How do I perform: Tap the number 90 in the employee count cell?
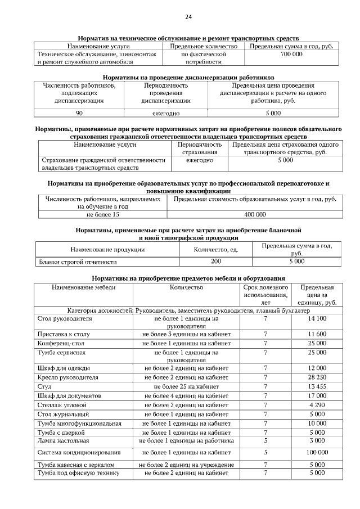click(x=79, y=113)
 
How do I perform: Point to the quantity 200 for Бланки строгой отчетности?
click(x=215, y=262)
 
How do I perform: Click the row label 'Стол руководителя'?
click(x=65, y=318)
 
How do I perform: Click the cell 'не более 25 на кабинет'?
click(x=186, y=386)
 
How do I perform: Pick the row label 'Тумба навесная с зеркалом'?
click(x=76, y=465)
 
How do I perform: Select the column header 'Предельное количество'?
click(x=203, y=46)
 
